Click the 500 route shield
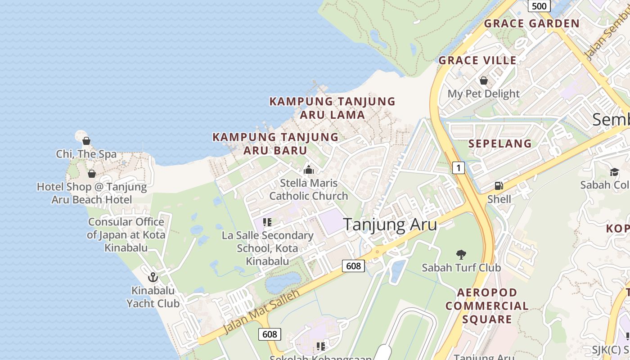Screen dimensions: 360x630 click(539, 6)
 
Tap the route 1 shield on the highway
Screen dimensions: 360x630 click(458, 168)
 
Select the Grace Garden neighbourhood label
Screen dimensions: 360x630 click(531, 23)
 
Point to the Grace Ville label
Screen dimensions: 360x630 click(477, 60)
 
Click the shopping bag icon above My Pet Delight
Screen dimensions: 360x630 click(484, 81)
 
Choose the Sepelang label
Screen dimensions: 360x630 click(500, 144)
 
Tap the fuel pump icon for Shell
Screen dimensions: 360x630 click(499, 185)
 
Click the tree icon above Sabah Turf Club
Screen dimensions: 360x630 click(461, 255)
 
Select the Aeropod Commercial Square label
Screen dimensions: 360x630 click(487, 306)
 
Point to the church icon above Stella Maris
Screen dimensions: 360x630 click(308, 170)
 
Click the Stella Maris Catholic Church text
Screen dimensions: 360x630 click(308, 189)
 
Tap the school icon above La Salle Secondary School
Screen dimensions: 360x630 click(267, 222)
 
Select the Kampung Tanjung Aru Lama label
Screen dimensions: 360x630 click(332, 108)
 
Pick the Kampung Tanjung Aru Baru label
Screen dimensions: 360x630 click(275, 144)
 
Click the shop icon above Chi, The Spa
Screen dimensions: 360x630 click(86, 141)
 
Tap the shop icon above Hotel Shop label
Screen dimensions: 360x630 click(92, 174)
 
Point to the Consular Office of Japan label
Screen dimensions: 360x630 click(126, 234)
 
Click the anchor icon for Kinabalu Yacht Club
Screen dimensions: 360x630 click(153, 277)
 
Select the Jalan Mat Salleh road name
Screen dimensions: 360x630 click(261, 312)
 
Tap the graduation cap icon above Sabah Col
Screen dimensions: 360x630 click(614, 172)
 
